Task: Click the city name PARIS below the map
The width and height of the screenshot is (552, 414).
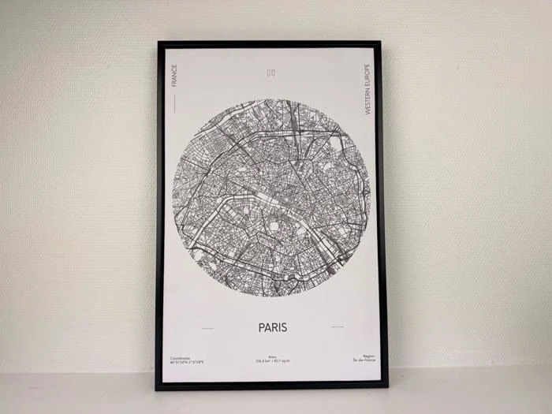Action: [272, 326]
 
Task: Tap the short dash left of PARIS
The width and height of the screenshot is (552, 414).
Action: [207, 327]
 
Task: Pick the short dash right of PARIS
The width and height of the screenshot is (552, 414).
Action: [337, 326]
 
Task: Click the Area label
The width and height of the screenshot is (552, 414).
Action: [272, 356]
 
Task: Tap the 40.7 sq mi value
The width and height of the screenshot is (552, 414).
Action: [282, 361]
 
